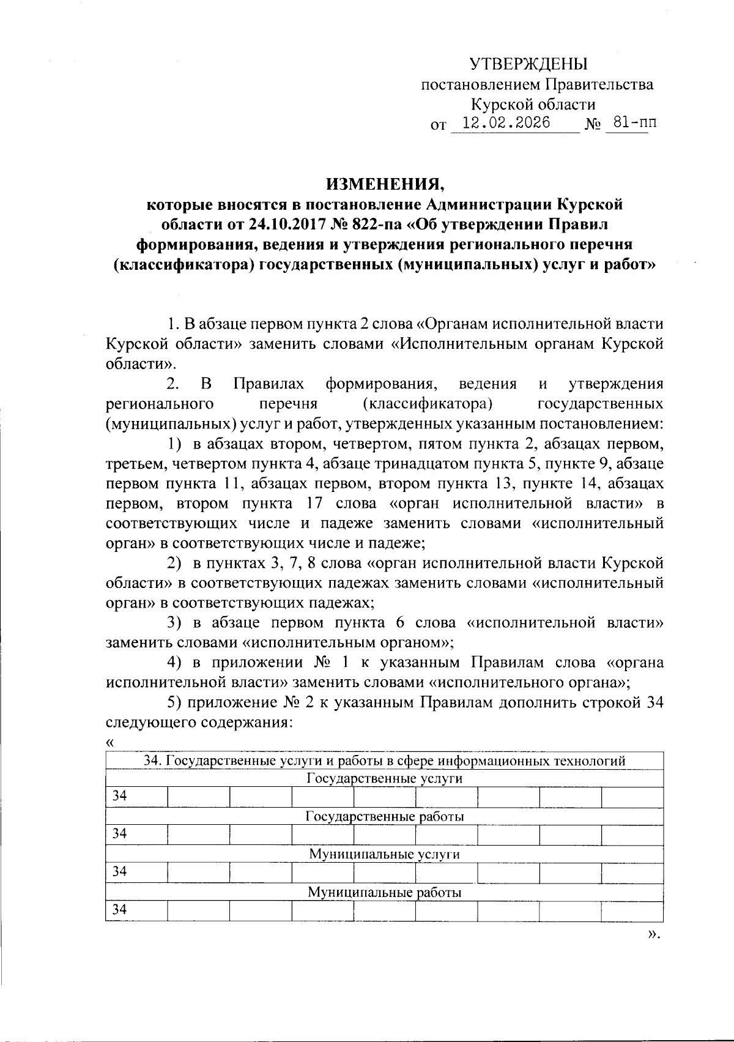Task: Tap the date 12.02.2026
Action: coord(506,123)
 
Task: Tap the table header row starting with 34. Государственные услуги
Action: coord(384,761)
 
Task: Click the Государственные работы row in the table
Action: coord(384,817)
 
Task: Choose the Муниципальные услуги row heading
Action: coord(384,854)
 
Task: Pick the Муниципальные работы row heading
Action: coord(384,892)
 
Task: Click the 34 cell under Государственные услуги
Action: coord(120,797)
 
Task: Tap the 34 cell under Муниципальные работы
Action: coord(120,910)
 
